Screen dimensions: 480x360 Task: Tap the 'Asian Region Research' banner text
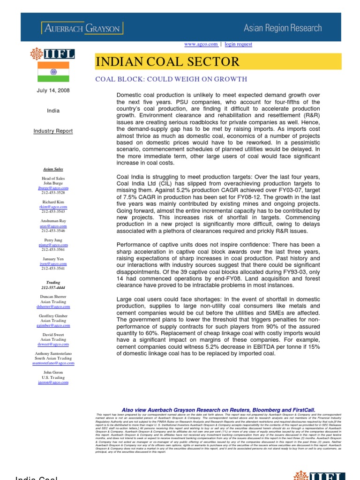283,28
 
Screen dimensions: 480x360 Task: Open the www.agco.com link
201,44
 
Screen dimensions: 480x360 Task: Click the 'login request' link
238,44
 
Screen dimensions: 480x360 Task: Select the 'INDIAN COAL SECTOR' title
167,62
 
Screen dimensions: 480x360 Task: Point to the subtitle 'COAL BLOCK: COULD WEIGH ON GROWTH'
172,79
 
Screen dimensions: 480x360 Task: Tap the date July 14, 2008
53,90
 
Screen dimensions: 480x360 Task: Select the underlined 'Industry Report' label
53,131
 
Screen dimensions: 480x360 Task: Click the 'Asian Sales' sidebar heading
53,169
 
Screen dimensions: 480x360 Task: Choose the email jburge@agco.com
53,188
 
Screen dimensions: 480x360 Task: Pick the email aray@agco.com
53,226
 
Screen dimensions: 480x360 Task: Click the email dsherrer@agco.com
53,307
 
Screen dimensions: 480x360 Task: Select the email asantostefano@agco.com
53,363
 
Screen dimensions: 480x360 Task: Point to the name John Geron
53,372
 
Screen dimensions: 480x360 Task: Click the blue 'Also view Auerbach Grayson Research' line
218,409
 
